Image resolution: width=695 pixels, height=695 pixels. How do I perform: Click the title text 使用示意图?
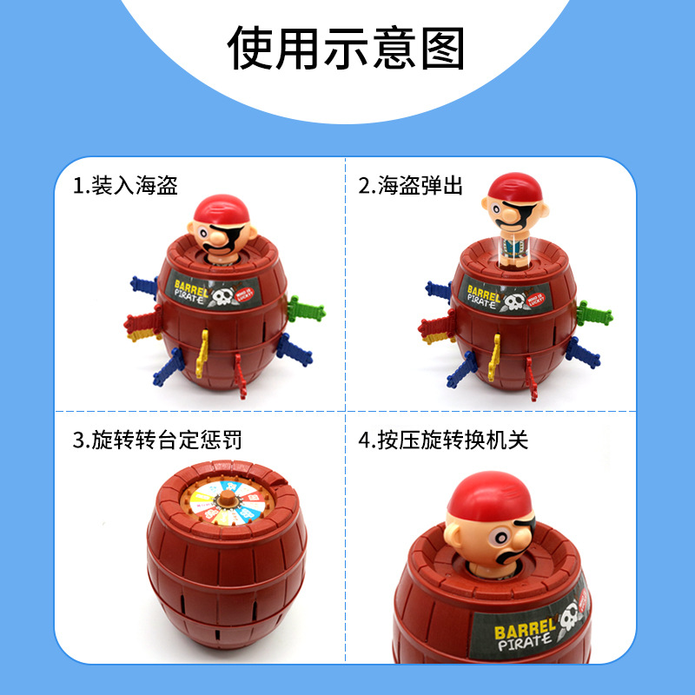tap(347, 48)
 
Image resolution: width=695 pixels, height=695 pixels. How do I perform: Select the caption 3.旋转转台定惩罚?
tap(157, 440)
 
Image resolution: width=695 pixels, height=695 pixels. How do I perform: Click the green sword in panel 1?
tap(306, 308)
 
